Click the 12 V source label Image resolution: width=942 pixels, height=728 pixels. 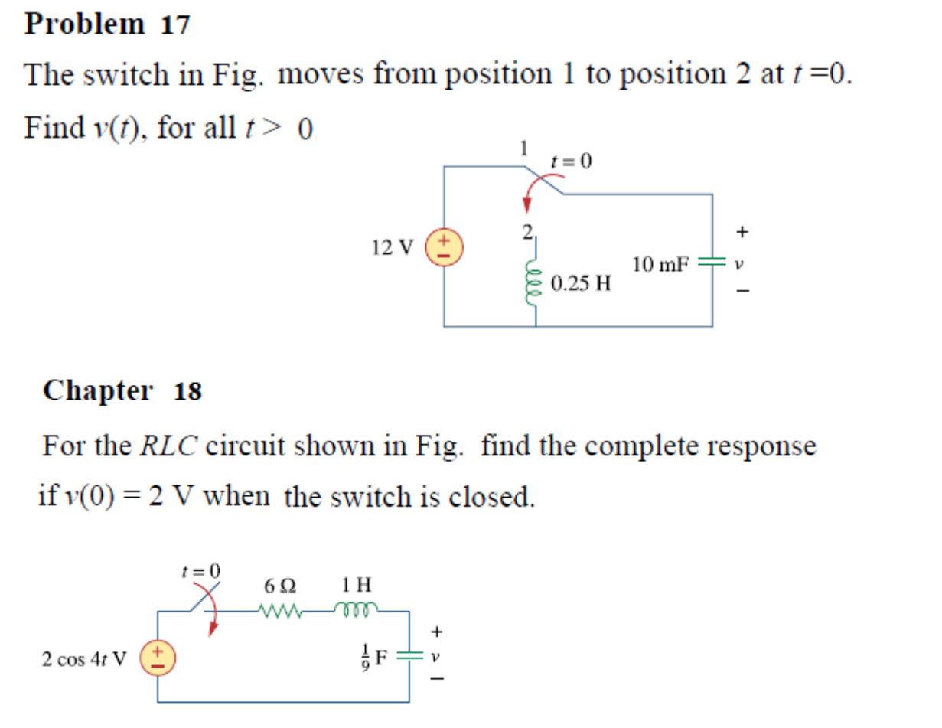(x=391, y=247)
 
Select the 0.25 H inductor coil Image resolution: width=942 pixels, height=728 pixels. (x=533, y=281)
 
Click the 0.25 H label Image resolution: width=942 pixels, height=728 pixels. (x=581, y=284)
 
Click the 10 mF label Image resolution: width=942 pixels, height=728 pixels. (x=660, y=264)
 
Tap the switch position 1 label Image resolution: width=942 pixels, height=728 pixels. (x=523, y=149)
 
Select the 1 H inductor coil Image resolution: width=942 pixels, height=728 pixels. (x=356, y=610)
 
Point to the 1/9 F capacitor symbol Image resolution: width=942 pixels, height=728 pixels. (x=409, y=656)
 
